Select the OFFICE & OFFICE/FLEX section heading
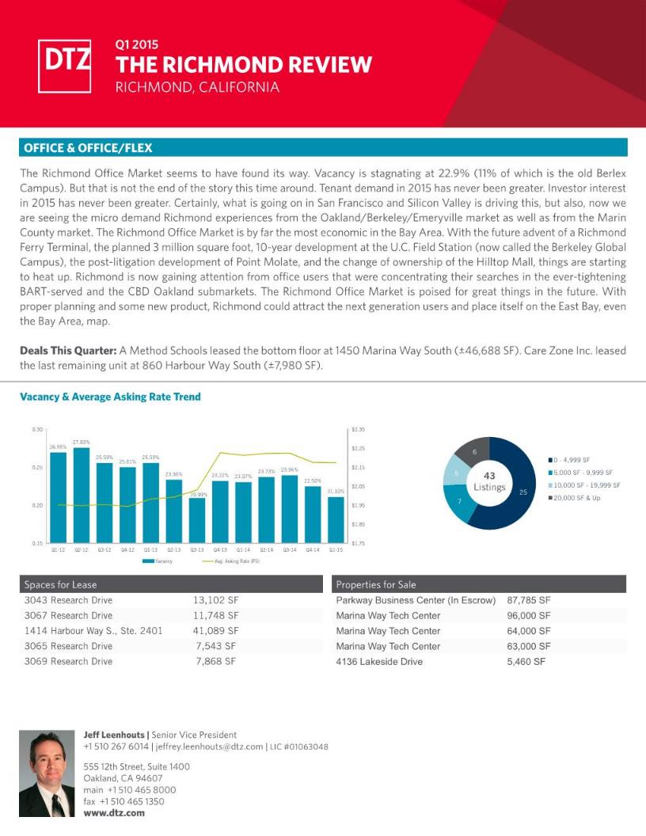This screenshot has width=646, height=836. click(88, 148)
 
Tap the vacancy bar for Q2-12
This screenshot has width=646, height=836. click(81, 496)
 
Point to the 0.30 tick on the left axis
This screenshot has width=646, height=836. click(37, 430)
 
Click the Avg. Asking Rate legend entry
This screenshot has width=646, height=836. click(230, 560)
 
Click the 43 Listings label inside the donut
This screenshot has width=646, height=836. click(489, 481)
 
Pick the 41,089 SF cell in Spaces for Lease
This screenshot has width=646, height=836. click(216, 631)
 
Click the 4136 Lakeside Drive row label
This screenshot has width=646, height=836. click(379, 661)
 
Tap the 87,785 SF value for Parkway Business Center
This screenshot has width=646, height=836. click(528, 600)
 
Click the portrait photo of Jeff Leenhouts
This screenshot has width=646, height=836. click(47, 774)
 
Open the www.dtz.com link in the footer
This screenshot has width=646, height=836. click(114, 812)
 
